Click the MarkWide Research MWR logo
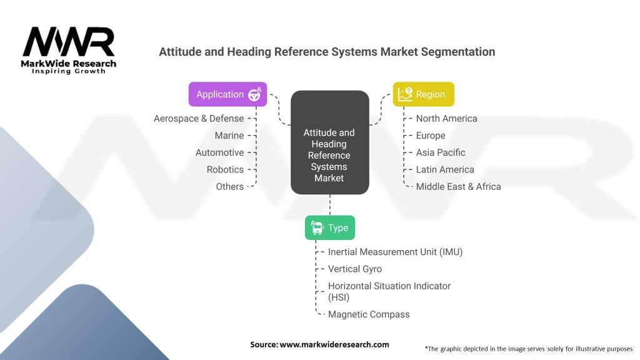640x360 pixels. tap(69, 50)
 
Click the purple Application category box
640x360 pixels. tap(227, 94)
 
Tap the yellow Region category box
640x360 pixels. tap(423, 94)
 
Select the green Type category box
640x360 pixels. tap(329, 227)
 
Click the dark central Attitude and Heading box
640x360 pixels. tap(329, 155)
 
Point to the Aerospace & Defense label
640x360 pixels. tap(199, 118)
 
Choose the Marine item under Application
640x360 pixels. tap(229, 135)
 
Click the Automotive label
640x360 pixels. tap(219, 152)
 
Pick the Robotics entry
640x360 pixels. tap(225, 169)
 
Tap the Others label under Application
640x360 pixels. tap(229, 186)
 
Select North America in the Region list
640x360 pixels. tap(446, 118)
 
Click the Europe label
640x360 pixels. tap(431, 135)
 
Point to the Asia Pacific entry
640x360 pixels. tap(441, 152)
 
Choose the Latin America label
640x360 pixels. tap(445, 169)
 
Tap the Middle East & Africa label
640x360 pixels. tap(458, 186)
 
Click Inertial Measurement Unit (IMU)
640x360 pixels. tap(395, 252)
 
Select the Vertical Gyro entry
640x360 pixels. tap(354, 269)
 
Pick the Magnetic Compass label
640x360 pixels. tap(369, 314)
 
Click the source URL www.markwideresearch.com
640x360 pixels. tap(334, 344)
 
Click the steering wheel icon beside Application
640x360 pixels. tap(254, 94)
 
